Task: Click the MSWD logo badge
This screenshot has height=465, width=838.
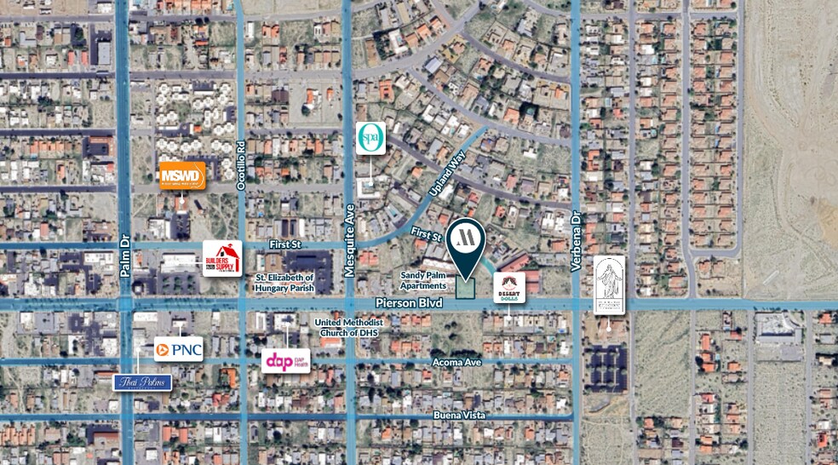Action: (182, 175)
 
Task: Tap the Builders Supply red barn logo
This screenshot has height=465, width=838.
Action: (222, 258)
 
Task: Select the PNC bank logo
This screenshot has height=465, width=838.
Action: (179, 348)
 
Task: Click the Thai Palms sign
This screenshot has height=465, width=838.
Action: (143, 382)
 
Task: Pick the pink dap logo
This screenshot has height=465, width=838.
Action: (285, 360)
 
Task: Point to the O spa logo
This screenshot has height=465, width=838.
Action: (370, 138)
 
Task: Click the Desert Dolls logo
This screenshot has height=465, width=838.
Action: (509, 288)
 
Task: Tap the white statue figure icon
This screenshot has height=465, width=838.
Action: (609, 284)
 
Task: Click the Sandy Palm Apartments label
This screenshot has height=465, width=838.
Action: (423, 280)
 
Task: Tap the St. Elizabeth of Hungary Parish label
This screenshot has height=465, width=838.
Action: (284, 283)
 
